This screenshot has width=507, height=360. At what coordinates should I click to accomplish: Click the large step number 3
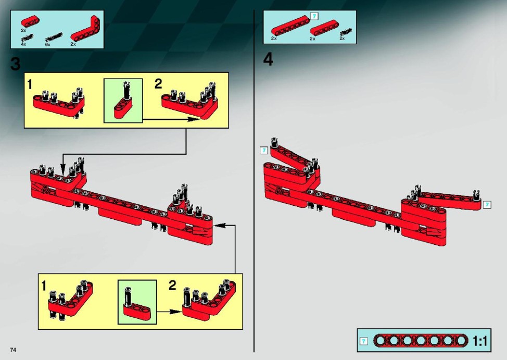(x=16, y=64)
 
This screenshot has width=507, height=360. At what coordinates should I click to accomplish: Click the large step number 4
(x=268, y=59)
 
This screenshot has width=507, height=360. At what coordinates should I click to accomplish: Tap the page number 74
(x=13, y=350)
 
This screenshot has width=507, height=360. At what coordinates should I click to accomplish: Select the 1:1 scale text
(x=480, y=341)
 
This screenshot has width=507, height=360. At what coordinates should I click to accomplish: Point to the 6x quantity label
(x=47, y=44)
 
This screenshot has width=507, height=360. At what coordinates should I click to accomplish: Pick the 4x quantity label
(x=23, y=44)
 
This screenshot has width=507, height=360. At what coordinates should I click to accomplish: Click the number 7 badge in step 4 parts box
(x=314, y=16)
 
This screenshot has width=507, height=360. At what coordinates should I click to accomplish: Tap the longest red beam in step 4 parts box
(x=290, y=25)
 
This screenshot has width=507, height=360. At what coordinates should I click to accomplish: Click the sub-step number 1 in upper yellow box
(x=30, y=84)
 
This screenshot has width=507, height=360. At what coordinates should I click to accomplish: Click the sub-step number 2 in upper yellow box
(x=158, y=83)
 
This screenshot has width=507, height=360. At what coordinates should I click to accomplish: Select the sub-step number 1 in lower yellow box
(x=44, y=286)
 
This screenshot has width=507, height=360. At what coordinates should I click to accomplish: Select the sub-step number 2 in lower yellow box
(x=172, y=285)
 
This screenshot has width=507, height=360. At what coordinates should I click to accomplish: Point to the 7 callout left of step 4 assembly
(x=264, y=151)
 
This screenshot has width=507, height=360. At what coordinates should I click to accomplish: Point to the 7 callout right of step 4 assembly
(x=487, y=205)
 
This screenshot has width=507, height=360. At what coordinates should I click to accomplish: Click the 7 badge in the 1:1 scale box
(x=364, y=341)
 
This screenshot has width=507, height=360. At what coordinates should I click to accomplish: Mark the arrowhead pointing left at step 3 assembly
(x=219, y=225)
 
